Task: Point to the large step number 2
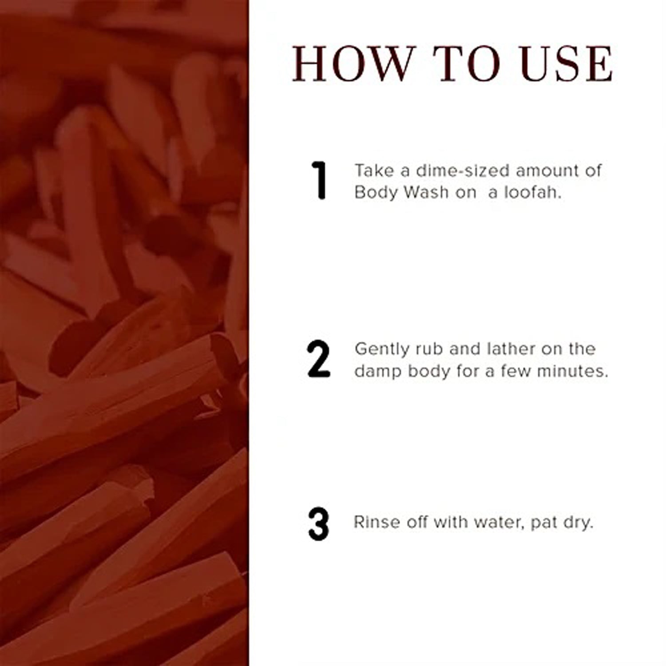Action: (319, 359)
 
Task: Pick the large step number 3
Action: (318, 524)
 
